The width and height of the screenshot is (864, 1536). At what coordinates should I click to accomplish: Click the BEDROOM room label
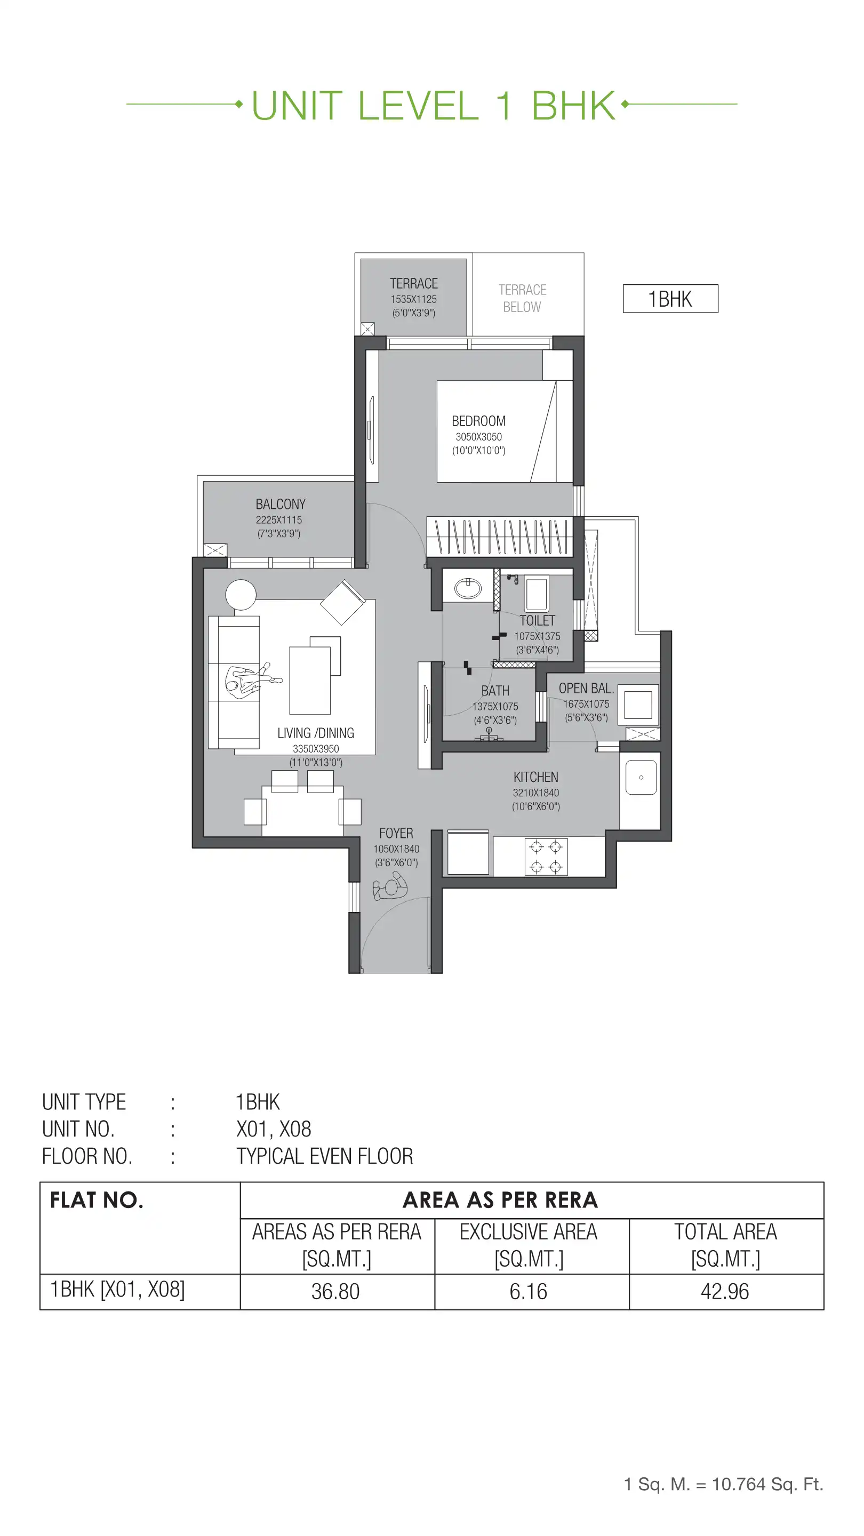[478, 421]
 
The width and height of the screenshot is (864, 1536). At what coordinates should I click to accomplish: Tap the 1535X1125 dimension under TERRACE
[413, 299]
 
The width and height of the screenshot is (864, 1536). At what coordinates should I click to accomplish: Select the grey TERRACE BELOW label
[522, 298]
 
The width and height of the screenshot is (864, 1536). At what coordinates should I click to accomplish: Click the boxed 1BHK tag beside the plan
[670, 299]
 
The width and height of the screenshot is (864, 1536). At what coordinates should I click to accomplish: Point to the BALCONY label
[280, 505]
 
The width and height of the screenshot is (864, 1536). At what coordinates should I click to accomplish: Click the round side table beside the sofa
[241, 595]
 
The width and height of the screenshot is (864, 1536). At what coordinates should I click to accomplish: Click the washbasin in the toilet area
[468, 588]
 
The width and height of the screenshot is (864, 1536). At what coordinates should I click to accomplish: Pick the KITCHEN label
[535, 777]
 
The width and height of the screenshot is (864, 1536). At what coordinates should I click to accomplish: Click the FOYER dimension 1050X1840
[396, 849]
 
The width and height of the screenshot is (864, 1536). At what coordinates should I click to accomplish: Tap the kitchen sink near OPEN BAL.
[641, 777]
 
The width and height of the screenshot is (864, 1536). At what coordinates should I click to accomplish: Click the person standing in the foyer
[390, 886]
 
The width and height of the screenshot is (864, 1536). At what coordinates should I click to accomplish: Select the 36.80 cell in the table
[335, 1292]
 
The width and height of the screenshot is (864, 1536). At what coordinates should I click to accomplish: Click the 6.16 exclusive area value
[529, 1292]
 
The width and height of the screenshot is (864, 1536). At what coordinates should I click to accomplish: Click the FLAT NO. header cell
[97, 1201]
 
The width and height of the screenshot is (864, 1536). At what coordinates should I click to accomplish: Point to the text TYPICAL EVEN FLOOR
[324, 1156]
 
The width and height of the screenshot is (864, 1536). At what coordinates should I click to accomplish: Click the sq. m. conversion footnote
[723, 1484]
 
